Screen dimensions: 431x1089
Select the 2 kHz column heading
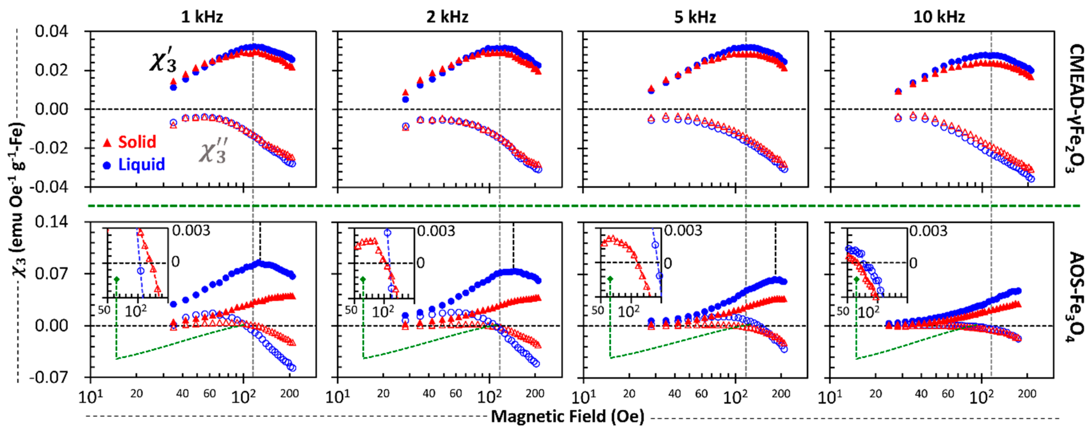[x=447, y=17]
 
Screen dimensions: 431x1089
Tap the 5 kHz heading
[x=695, y=17]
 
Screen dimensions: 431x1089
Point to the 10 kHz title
[x=939, y=17]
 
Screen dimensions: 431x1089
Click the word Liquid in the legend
[x=141, y=165]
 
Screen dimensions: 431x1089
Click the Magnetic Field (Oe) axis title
[x=567, y=416]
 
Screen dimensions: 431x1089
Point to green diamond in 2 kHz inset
[x=363, y=279]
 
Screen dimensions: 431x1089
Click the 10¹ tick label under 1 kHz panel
[x=91, y=397]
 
